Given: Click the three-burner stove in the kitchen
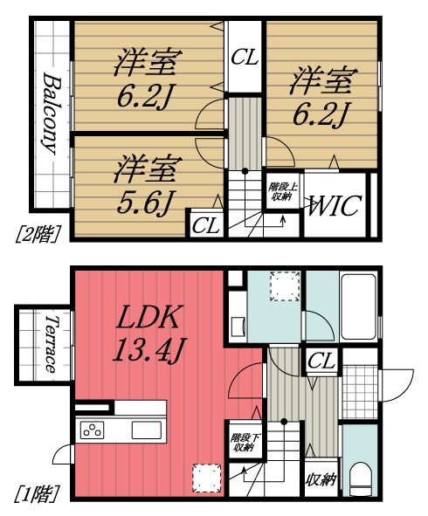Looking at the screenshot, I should (93, 429).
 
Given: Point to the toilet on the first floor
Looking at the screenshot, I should (357, 472).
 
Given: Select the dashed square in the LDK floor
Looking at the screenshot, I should (206, 477).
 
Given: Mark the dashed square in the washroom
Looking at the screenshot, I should (284, 286).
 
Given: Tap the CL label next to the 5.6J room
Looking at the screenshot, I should (206, 224).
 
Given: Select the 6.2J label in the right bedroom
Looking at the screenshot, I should (322, 98).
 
